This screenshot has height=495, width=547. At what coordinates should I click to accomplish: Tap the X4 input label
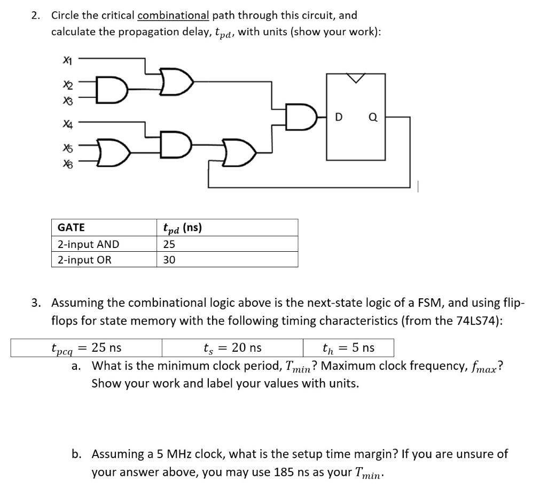click(67, 123)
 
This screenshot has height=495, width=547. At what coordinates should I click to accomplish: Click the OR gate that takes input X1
click(175, 81)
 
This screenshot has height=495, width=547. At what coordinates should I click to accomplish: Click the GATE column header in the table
click(71, 228)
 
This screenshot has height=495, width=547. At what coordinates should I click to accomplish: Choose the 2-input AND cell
click(88, 245)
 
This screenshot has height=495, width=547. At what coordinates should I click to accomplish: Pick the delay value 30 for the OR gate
click(169, 260)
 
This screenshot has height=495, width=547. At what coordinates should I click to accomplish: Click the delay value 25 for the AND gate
click(169, 245)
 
